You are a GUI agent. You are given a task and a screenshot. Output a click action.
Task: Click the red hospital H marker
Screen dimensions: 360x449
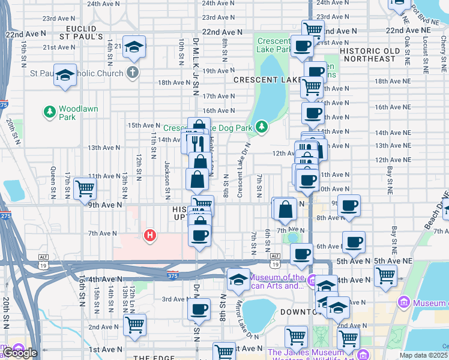tap(150, 236)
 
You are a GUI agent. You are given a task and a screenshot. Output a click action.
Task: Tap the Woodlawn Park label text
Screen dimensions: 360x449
tap(76, 113)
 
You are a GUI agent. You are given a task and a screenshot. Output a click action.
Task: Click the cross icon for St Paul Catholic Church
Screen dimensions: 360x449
tap(132, 73)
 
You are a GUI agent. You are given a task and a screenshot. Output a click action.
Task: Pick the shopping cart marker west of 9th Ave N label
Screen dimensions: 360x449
tap(85, 188)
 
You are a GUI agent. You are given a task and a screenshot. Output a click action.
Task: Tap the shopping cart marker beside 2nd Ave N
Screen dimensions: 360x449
tap(135, 325)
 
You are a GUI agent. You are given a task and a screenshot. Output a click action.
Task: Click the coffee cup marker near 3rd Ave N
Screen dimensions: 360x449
tap(199, 310)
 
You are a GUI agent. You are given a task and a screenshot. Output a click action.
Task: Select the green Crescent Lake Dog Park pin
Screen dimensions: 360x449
tap(261, 127)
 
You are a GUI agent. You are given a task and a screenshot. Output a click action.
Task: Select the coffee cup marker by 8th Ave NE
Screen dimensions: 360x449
tap(349, 205)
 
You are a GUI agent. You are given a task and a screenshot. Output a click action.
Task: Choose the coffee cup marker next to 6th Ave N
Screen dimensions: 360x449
tap(354, 242)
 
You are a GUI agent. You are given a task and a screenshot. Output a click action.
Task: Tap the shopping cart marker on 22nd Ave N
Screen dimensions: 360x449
tap(313, 29)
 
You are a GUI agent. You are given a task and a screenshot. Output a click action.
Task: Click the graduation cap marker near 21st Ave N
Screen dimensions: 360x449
tap(134, 47)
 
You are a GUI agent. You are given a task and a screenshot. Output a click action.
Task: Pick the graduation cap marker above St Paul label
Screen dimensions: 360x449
tap(65, 75)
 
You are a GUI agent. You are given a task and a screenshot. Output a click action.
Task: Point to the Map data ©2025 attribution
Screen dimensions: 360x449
tap(424, 355)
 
